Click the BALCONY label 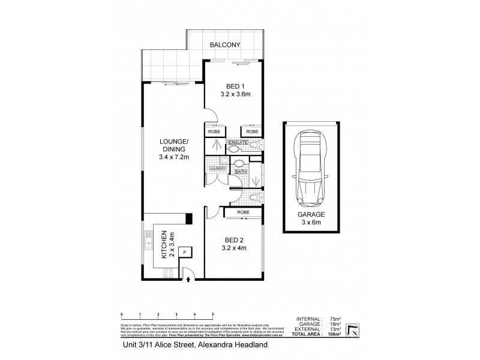[x=226, y=45]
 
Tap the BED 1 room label [x=233, y=85]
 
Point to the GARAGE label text [x=311, y=214]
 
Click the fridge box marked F [x=184, y=252]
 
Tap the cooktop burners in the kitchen [x=169, y=272]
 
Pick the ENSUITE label [x=238, y=142]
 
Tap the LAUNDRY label [x=217, y=169]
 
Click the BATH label [x=241, y=172]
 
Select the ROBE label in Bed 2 [x=244, y=212]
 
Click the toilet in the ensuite [x=254, y=145]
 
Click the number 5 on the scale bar [x=213, y=315]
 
